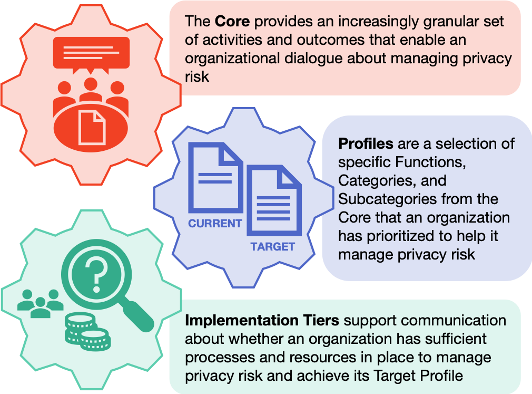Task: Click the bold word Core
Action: click(232, 22)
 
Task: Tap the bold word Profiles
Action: click(366, 144)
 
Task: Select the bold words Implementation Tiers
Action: click(262, 321)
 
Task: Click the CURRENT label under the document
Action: click(215, 224)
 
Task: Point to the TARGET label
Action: click(273, 247)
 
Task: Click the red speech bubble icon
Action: click(91, 55)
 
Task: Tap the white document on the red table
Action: click(92, 128)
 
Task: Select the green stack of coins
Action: click(87, 332)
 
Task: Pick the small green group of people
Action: click(41, 303)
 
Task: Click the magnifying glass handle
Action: click(137, 315)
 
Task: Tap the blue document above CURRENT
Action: click(215, 177)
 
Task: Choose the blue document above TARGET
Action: click(274, 200)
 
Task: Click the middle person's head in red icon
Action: click(91, 84)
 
